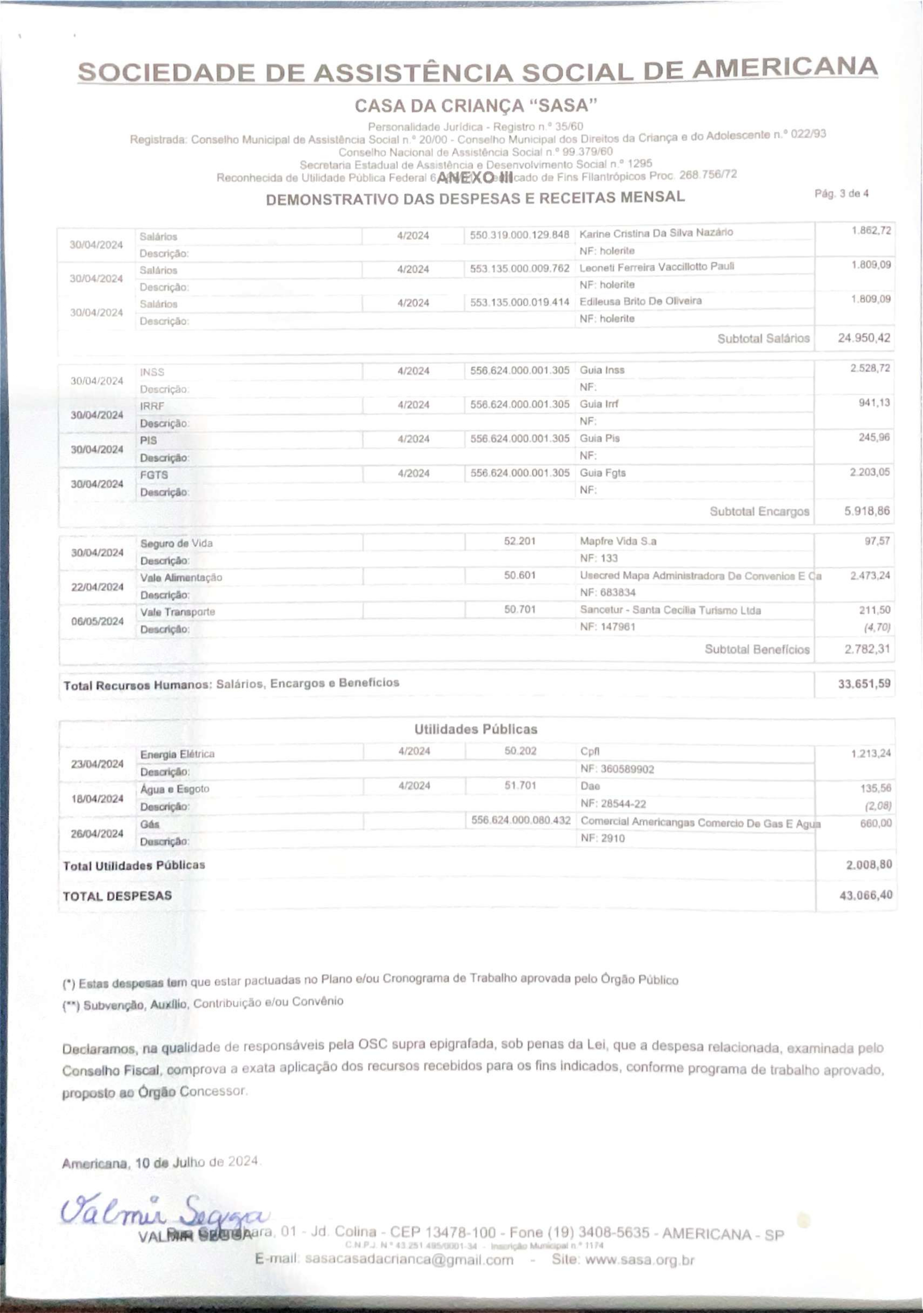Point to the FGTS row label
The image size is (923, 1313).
click(x=154, y=475)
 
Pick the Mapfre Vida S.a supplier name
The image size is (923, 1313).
click(x=618, y=541)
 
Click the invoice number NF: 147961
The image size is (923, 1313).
click(x=608, y=627)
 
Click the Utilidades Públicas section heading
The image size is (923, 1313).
click(x=476, y=729)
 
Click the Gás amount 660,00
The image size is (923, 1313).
click(x=876, y=823)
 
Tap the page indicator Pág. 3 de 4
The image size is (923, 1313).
click(x=841, y=194)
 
